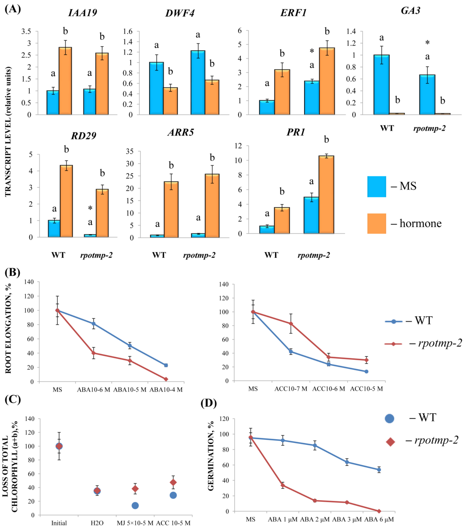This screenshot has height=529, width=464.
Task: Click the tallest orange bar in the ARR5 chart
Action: [x=212, y=206]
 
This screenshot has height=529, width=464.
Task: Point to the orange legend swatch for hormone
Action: [x=376, y=224]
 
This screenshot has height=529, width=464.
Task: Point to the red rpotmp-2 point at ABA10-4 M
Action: [x=166, y=379]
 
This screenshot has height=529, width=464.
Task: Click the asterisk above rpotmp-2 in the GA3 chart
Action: [x=427, y=43]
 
